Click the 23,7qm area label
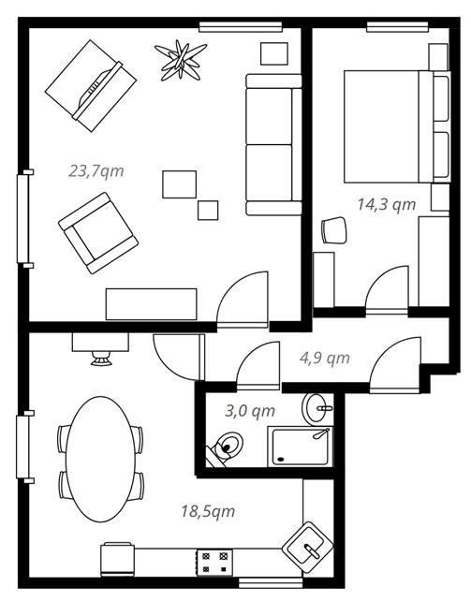tap(96, 171)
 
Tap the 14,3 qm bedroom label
tap(387, 204)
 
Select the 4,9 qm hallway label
tap(325, 358)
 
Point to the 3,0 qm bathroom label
tap(250, 411)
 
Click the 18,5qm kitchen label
tap(208, 511)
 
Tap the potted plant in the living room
tap(181, 61)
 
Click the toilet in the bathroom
tap(226, 449)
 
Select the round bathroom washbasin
tap(317, 409)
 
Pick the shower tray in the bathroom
tap(301, 447)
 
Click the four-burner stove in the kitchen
tap(214, 562)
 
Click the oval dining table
tap(101, 460)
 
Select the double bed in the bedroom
tap(397, 126)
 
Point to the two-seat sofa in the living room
tap(273, 144)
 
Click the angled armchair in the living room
tap(98, 233)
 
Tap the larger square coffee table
tap(180, 184)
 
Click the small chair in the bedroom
tap(334, 230)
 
